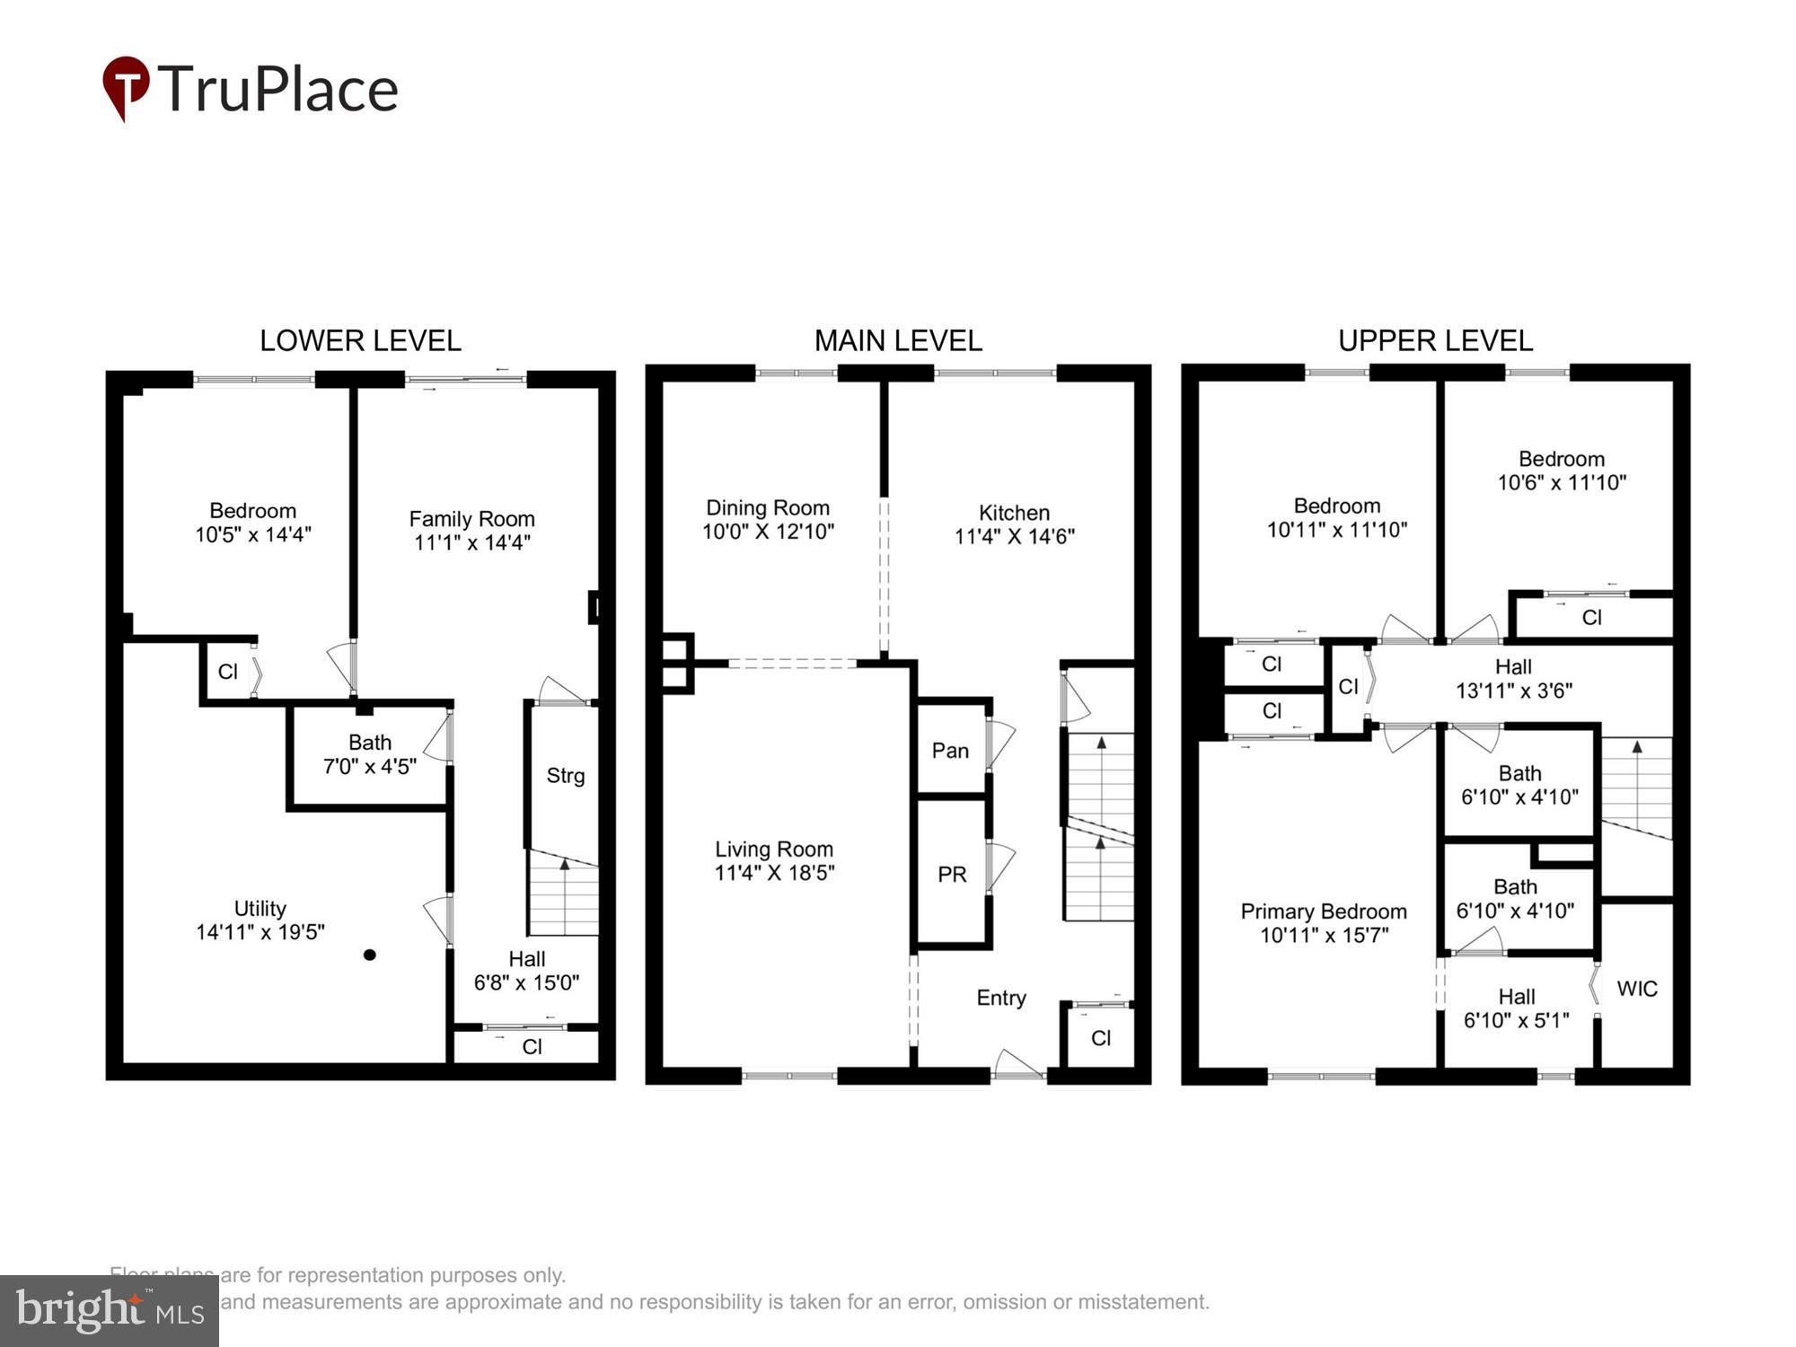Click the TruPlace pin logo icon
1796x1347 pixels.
pyautogui.click(x=125, y=86)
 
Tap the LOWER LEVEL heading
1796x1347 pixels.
pyautogui.click(x=360, y=341)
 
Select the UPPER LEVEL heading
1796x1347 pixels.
pyautogui.click(x=1435, y=341)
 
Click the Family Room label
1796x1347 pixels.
pyautogui.click(x=471, y=519)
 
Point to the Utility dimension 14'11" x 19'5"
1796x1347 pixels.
pyautogui.click(x=260, y=932)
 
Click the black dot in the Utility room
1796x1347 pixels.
pyautogui.click(x=369, y=955)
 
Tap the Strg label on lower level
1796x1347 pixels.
pyautogui.click(x=565, y=776)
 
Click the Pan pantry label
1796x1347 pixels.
pyautogui.click(x=950, y=751)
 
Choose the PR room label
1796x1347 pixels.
pyautogui.click(x=952, y=874)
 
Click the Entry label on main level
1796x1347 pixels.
pyautogui.click(x=1001, y=998)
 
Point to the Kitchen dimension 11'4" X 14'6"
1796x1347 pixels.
pyautogui.click(x=1014, y=537)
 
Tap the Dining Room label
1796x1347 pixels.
pyautogui.click(x=768, y=508)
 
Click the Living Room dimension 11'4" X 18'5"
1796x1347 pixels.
pyautogui.click(x=774, y=873)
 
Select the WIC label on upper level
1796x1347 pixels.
pyautogui.click(x=1636, y=989)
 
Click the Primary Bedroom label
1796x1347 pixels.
pyautogui.click(x=1323, y=911)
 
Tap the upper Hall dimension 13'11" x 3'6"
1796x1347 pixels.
pyautogui.click(x=1513, y=691)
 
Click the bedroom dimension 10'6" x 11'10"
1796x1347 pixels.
pyautogui.click(x=1561, y=483)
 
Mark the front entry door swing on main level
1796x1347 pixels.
pyautogui.click(x=1018, y=1063)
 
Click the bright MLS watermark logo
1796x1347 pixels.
pyautogui.click(x=109, y=1311)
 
